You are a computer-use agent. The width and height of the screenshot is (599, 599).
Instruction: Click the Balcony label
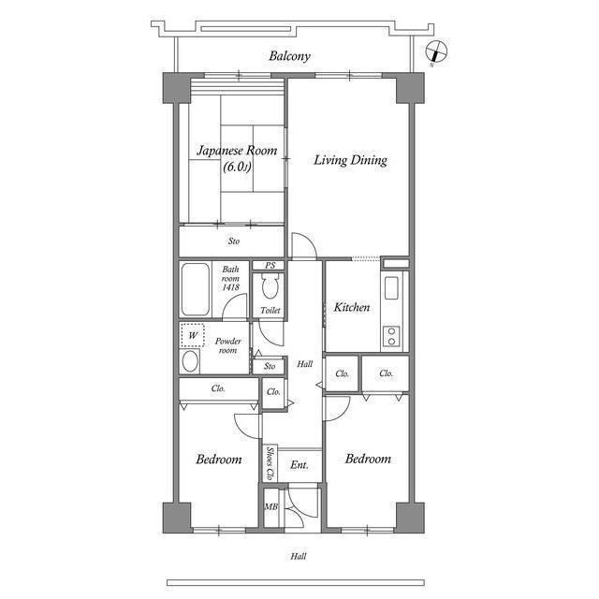click(289, 56)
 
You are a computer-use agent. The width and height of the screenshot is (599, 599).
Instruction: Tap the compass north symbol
click(435, 51)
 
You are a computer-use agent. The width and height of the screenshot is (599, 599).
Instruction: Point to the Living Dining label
click(349, 160)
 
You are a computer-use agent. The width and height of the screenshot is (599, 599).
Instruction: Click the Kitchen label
click(352, 307)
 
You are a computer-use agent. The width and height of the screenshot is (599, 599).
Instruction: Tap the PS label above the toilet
click(270, 266)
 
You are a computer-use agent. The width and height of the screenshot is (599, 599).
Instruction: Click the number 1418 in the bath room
click(231, 287)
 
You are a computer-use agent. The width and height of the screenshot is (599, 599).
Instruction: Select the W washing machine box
click(193, 334)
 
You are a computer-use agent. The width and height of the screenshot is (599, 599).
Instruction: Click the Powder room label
click(229, 345)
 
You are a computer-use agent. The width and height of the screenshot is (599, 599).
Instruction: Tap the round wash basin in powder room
click(190, 361)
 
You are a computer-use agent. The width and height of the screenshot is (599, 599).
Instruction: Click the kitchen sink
click(391, 287)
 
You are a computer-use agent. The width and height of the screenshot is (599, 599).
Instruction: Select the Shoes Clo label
click(270, 463)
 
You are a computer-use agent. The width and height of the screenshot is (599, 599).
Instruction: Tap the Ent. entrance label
click(299, 465)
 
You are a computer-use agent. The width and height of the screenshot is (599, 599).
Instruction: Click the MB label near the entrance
click(270, 508)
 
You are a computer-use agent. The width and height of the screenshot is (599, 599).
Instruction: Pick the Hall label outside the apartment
click(298, 556)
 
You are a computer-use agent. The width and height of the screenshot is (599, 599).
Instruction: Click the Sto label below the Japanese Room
click(233, 241)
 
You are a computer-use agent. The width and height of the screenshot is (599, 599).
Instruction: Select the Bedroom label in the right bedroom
click(367, 459)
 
